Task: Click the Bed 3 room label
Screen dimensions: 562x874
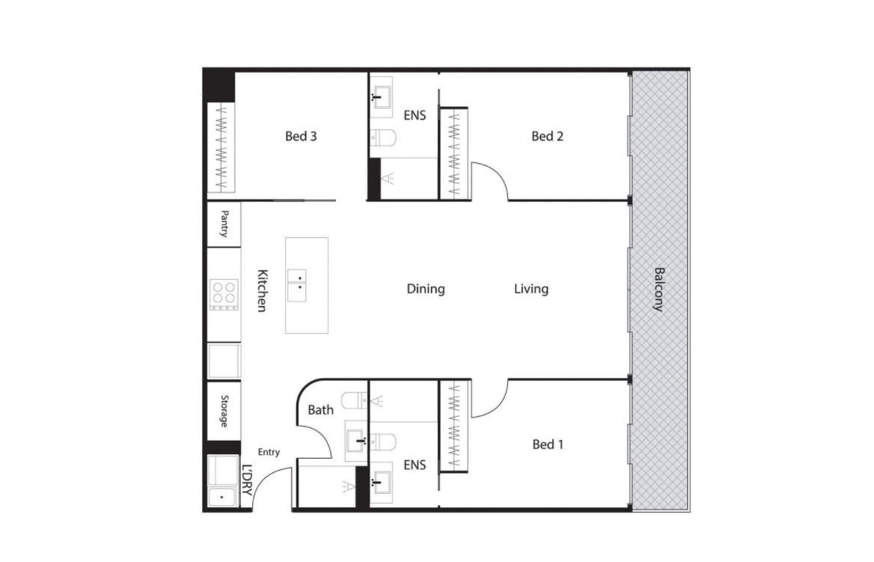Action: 301,136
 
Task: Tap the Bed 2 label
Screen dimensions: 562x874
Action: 547,136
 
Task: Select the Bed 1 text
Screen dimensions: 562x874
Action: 548,445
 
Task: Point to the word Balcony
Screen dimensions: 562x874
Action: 659,290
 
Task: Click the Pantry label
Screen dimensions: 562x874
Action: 224,224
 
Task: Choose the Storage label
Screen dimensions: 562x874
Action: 224,411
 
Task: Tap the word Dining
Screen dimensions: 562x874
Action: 426,289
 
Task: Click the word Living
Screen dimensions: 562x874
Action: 531,289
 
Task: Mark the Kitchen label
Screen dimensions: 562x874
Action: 262,290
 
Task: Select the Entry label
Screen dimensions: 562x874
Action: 269,452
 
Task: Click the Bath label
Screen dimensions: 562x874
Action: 321,410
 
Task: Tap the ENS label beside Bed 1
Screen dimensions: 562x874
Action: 415,465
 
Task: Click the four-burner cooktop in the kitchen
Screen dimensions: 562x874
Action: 224,295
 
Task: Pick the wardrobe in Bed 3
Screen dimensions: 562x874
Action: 221,147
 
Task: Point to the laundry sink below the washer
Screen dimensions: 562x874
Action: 221,496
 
